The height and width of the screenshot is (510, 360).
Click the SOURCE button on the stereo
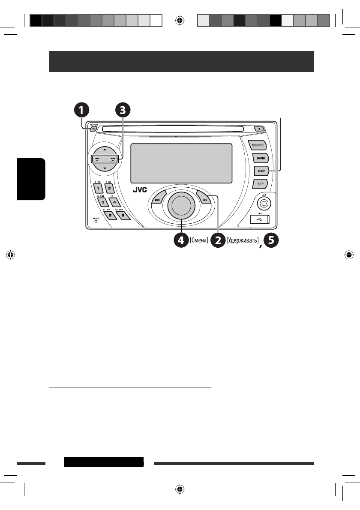pyautogui.click(x=258, y=145)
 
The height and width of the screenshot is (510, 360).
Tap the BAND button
pyautogui.click(x=261, y=158)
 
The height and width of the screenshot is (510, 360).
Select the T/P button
pyautogui.click(x=260, y=184)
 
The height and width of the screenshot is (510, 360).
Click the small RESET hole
pyautogui.click(x=96, y=222)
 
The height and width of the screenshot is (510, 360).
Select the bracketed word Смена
pyautogui.click(x=198, y=241)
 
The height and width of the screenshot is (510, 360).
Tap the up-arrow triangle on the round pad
pyautogui.click(x=105, y=150)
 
